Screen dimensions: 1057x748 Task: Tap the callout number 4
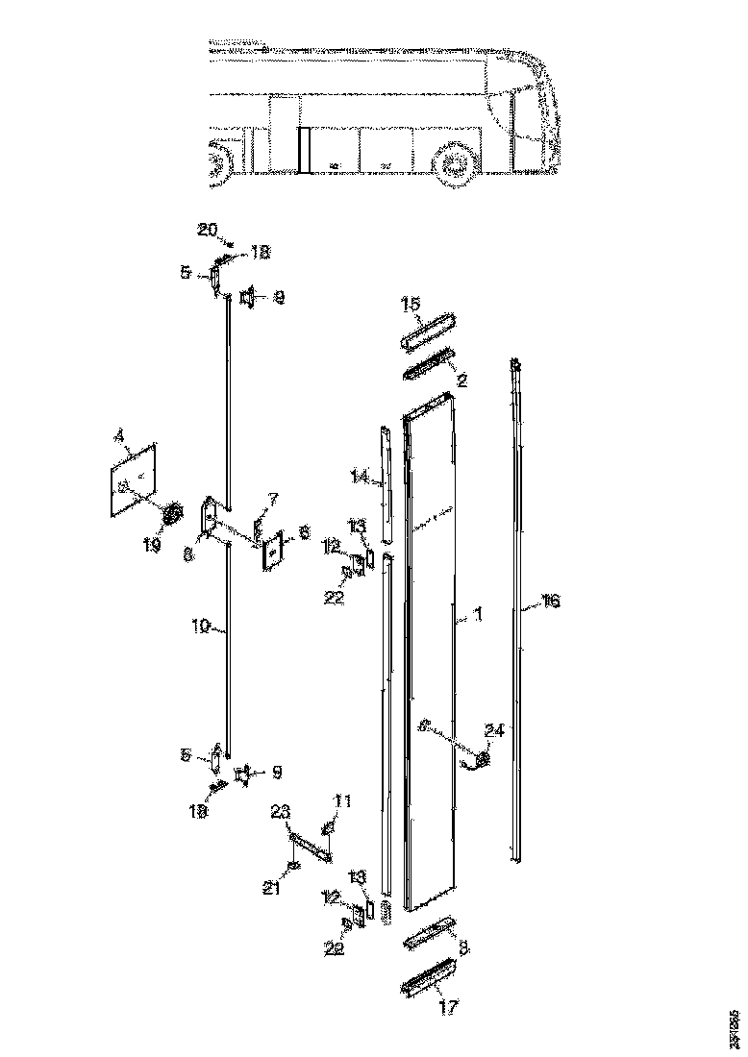(x=119, y=437)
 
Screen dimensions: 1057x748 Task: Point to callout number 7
(x=273, y=499)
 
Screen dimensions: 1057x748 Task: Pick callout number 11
(x=342, y=799)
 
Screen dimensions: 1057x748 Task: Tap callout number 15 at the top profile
(x=411, y=305)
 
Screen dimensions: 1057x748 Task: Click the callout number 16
(x=550, y=602)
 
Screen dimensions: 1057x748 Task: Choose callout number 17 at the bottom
(x=449, y=1008)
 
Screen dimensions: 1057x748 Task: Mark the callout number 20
(x=207, y=230)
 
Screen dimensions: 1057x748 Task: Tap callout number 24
(x=493, y=730)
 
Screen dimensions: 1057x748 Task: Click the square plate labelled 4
(x=133, y=480)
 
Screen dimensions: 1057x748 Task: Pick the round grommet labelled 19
(x=173, y=516)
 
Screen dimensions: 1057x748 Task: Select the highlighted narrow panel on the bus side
(x=302, y=151)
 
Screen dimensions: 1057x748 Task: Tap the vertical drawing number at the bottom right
(x=734, y=1028)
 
